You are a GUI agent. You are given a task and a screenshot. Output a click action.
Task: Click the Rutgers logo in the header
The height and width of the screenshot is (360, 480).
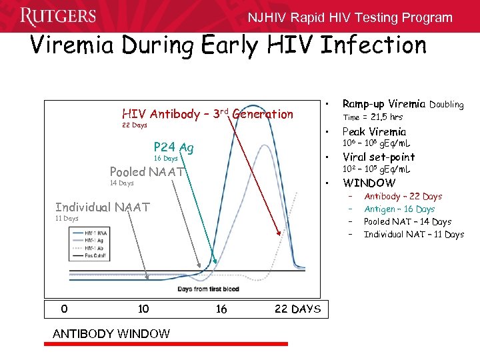[x=58, y=16]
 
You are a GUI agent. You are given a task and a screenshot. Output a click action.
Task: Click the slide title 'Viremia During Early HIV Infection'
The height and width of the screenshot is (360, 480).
[x=228, y=45]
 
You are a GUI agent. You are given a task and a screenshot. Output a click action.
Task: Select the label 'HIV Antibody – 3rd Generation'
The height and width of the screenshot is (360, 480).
[x=207, y=114]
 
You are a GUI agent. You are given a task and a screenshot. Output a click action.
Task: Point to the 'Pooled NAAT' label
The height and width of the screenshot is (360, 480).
[x=147, y=171]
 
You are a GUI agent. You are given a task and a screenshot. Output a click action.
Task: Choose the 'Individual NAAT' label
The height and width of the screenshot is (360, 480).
[x=103, y=207]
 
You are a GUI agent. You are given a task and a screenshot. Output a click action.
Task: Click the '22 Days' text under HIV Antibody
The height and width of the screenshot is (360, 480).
[x=135, y=125]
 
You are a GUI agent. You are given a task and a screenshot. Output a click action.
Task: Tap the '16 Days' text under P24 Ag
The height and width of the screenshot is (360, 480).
[x=166, y=159]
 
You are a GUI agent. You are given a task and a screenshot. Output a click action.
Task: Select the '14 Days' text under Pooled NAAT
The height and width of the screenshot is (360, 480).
[x=121, y=183]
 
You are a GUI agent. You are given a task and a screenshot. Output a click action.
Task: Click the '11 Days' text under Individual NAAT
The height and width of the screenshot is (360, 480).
[x=67, y=218]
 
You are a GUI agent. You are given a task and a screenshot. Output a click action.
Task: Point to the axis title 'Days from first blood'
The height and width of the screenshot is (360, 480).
[x=209, y=289]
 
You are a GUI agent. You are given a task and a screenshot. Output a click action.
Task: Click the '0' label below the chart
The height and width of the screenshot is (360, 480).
[x=63, y=309]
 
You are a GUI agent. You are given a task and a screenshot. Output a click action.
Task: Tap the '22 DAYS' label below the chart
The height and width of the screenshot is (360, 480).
[x=297, y=309]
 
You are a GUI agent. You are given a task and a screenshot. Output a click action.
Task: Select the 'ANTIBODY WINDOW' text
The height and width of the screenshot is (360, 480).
[x=111, y=333]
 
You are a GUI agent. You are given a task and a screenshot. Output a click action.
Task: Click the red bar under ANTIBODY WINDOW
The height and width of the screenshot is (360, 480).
[x=170, y=344]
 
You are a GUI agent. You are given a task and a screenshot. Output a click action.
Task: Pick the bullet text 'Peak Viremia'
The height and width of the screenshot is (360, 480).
[x=373, y=131]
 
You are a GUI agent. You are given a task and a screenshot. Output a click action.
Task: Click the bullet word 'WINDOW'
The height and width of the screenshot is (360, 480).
[x=369, y=183]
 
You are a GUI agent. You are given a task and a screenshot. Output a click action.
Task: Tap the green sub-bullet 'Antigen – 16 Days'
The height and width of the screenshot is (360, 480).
[x=399, y=209]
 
